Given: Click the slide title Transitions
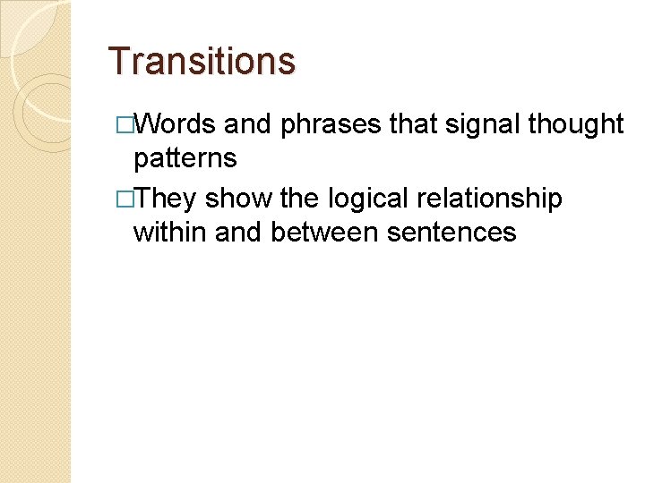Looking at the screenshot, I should click(x=201, y=62).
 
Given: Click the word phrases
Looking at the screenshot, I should click(x=331, y=124).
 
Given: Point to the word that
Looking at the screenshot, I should click(x=412, y=124).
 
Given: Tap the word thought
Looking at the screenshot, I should click(x=576, y=124).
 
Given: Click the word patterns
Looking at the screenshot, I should click(x=185, y=158).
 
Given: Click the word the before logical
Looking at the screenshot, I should click(x=299, y=198).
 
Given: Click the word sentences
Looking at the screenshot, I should click(x=451, y=232).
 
